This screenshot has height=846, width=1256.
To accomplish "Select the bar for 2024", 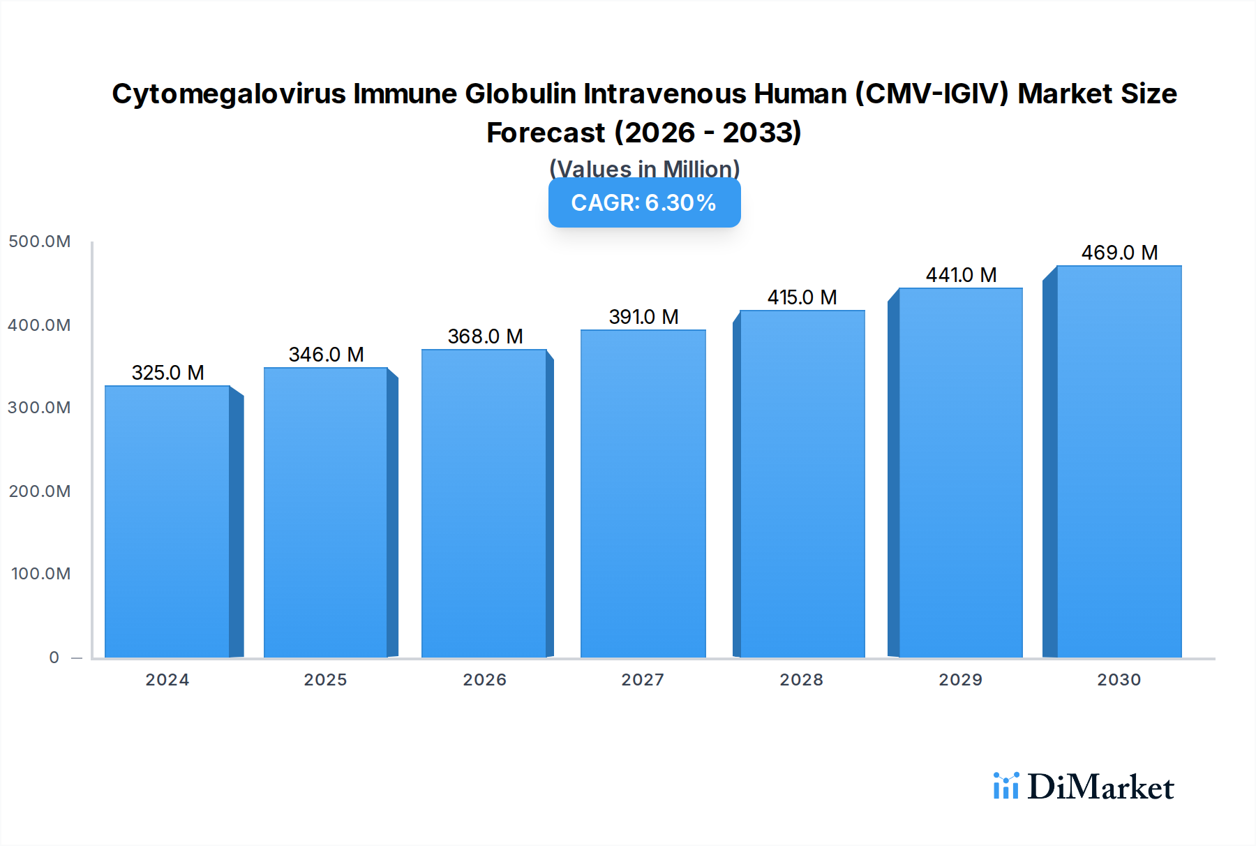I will pos(167,522).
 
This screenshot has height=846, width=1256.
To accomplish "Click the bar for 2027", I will pos(643,494).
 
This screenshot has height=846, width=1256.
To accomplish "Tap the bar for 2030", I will pos(1119,462).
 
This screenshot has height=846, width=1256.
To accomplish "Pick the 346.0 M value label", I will pos(326,355).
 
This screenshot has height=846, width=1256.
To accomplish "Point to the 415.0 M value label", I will pos(802,297).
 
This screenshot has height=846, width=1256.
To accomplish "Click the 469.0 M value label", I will pos(1119,253).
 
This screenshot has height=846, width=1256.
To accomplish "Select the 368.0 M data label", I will pos(485,336).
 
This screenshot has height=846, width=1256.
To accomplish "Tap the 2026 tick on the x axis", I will pos(484,680).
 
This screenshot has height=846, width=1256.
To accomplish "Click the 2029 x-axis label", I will pos(960,680).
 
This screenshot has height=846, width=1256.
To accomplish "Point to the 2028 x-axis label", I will pos(801,680).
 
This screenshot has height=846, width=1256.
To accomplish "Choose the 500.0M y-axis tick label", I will pos(40,242).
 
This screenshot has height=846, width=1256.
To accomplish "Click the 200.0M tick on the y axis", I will pos(40,491).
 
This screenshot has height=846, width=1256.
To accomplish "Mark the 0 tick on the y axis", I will pos(54,658).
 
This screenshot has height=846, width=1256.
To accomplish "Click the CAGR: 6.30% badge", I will pos(644,203).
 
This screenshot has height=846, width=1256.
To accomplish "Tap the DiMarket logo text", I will pos(1100,787).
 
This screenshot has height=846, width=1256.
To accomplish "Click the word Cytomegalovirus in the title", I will pos(228,94).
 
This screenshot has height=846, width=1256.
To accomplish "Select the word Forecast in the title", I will pos(546,133).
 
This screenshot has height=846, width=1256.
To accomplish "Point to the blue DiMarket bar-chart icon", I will pos(1005,786).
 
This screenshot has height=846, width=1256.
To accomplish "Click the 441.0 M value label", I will pos(960,275).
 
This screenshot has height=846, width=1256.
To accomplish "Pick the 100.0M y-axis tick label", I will pos(40,574).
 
